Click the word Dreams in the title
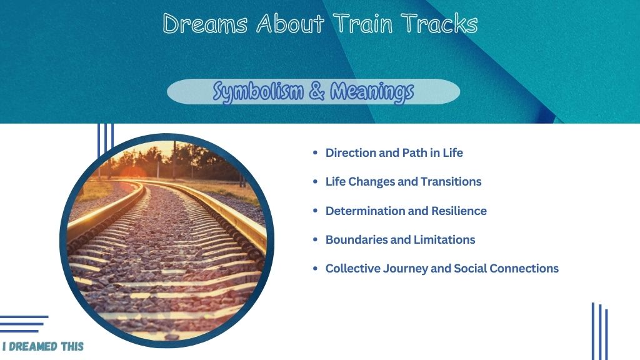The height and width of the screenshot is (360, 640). pos(205,24)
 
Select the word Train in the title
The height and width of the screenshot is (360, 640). pos(362,23)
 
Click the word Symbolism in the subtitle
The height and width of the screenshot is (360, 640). pos(258,92)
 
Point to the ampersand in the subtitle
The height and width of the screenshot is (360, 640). pos(317,91)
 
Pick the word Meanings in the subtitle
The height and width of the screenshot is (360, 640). pos(372,92)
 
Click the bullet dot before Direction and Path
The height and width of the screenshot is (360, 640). pos(315,152)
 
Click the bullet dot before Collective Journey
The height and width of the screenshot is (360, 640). pos(315,269)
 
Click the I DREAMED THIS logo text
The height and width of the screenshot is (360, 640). pos(43,346)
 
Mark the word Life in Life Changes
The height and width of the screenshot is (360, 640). pos(336,182)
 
